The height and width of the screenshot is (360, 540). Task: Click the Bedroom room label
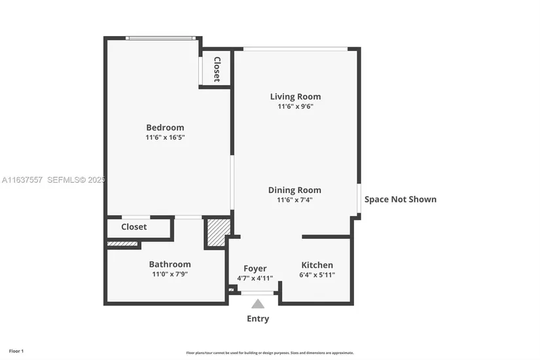[x=165, y=128]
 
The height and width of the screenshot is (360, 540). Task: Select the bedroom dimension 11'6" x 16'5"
[x=165, y=137]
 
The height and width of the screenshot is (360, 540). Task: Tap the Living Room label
[x=295, y=97]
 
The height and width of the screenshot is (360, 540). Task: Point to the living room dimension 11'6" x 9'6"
[x=295, y=106]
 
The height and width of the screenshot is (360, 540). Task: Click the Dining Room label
[x=295, y=190]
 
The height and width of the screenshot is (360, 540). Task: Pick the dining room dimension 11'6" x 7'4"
[x=295, y=200]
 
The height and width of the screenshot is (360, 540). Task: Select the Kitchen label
[x=317, y=265]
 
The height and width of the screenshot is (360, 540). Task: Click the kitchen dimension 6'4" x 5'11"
[x=317, y=274]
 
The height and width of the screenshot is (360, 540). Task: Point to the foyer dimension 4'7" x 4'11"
[x=255, y=278]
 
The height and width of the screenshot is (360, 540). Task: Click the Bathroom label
[x=170, y=264]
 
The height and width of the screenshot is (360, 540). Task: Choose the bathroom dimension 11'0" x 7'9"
[x=170, y=274]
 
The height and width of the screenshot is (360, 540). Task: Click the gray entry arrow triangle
[x=258, y=304]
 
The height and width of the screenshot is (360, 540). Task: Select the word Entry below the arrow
[x=258, y=319]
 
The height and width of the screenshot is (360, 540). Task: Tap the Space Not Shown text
[x=400, y=200]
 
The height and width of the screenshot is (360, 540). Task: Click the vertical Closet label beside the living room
[x=217, y=69]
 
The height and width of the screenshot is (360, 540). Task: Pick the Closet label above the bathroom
[x=134, y=226]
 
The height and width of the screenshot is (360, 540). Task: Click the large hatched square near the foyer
[x=219, y=232]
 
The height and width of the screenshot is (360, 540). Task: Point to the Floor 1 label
[x=16, y=351]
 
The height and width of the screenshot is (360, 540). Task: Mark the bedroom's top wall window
[x=160, y=38]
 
